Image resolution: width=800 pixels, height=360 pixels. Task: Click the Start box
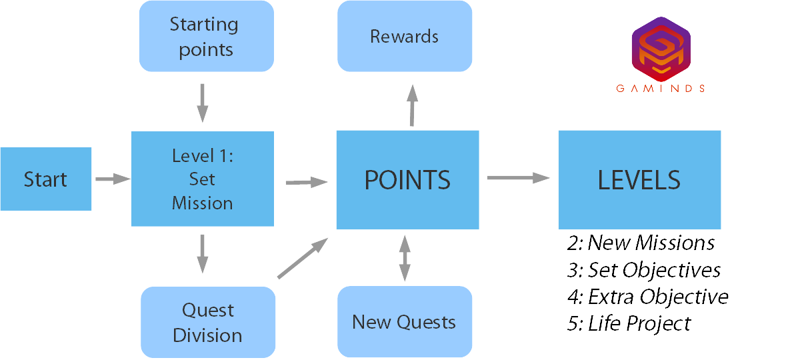45,179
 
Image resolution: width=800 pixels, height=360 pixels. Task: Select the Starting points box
206,36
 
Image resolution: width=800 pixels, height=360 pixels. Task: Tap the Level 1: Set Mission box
203,179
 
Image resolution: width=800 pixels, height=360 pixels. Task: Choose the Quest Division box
207,323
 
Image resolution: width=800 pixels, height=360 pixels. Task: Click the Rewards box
405,36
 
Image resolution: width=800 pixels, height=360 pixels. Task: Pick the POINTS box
407,179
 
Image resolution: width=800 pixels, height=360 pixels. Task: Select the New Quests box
405,322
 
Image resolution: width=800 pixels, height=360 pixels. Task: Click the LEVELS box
639,179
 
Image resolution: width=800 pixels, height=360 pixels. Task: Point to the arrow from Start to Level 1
112,179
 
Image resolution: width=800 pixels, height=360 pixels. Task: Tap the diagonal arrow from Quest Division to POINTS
302,257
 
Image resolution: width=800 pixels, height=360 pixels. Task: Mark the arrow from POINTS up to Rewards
412,105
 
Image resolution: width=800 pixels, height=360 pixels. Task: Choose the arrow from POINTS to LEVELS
518,177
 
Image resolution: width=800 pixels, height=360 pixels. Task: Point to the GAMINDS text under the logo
661,88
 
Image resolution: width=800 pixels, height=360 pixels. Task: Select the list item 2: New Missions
641,243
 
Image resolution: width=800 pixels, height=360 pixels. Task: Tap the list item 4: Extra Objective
647,296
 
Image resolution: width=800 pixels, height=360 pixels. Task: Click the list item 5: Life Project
629,323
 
